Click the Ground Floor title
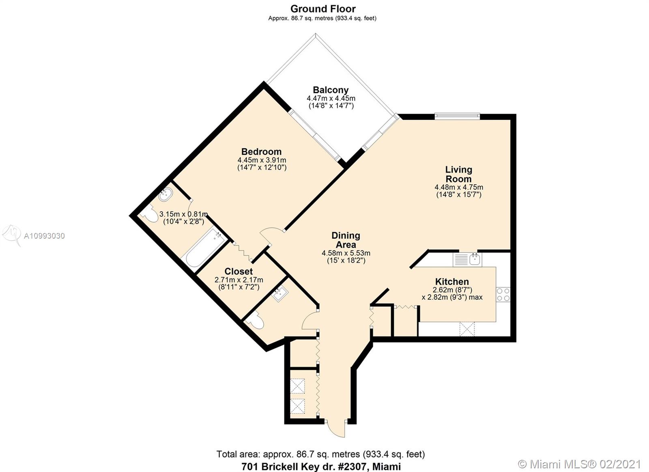pyautogui.click(x=323, y=9)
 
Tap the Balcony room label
pyautogui.click(x=331, y=90)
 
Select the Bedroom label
pyautogui.click(x=261, y=152)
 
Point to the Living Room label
pyautogui.click(x=459, y=174)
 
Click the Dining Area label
pyautogui.click(x=346, y=240)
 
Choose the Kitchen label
pyautogui.click(x=452, y=282)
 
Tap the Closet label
pyautogui.click(x=239, y=272)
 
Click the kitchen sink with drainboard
pyautogui.click(x=467, y=259)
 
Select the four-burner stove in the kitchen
pyautogui.click(x=503, y=295)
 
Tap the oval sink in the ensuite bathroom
pyautogui.click(x=166, y=194)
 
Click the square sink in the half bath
pyautogui.click(x=279, y=294)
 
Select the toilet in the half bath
pyautogui.click(x=254, y=320)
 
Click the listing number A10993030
pyautogui.click(x=44, y=236)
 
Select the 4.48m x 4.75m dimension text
pyautogui.click(x=459, y=187)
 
